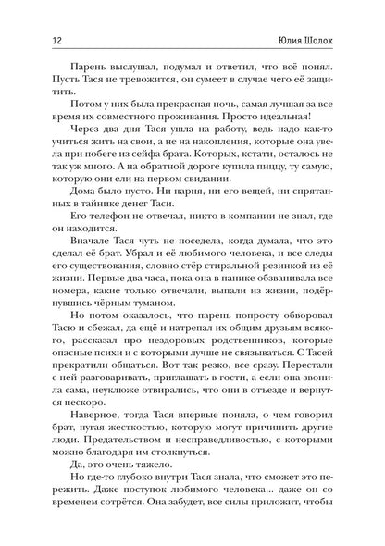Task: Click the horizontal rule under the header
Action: pyautogui.click(x=192, y=31)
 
